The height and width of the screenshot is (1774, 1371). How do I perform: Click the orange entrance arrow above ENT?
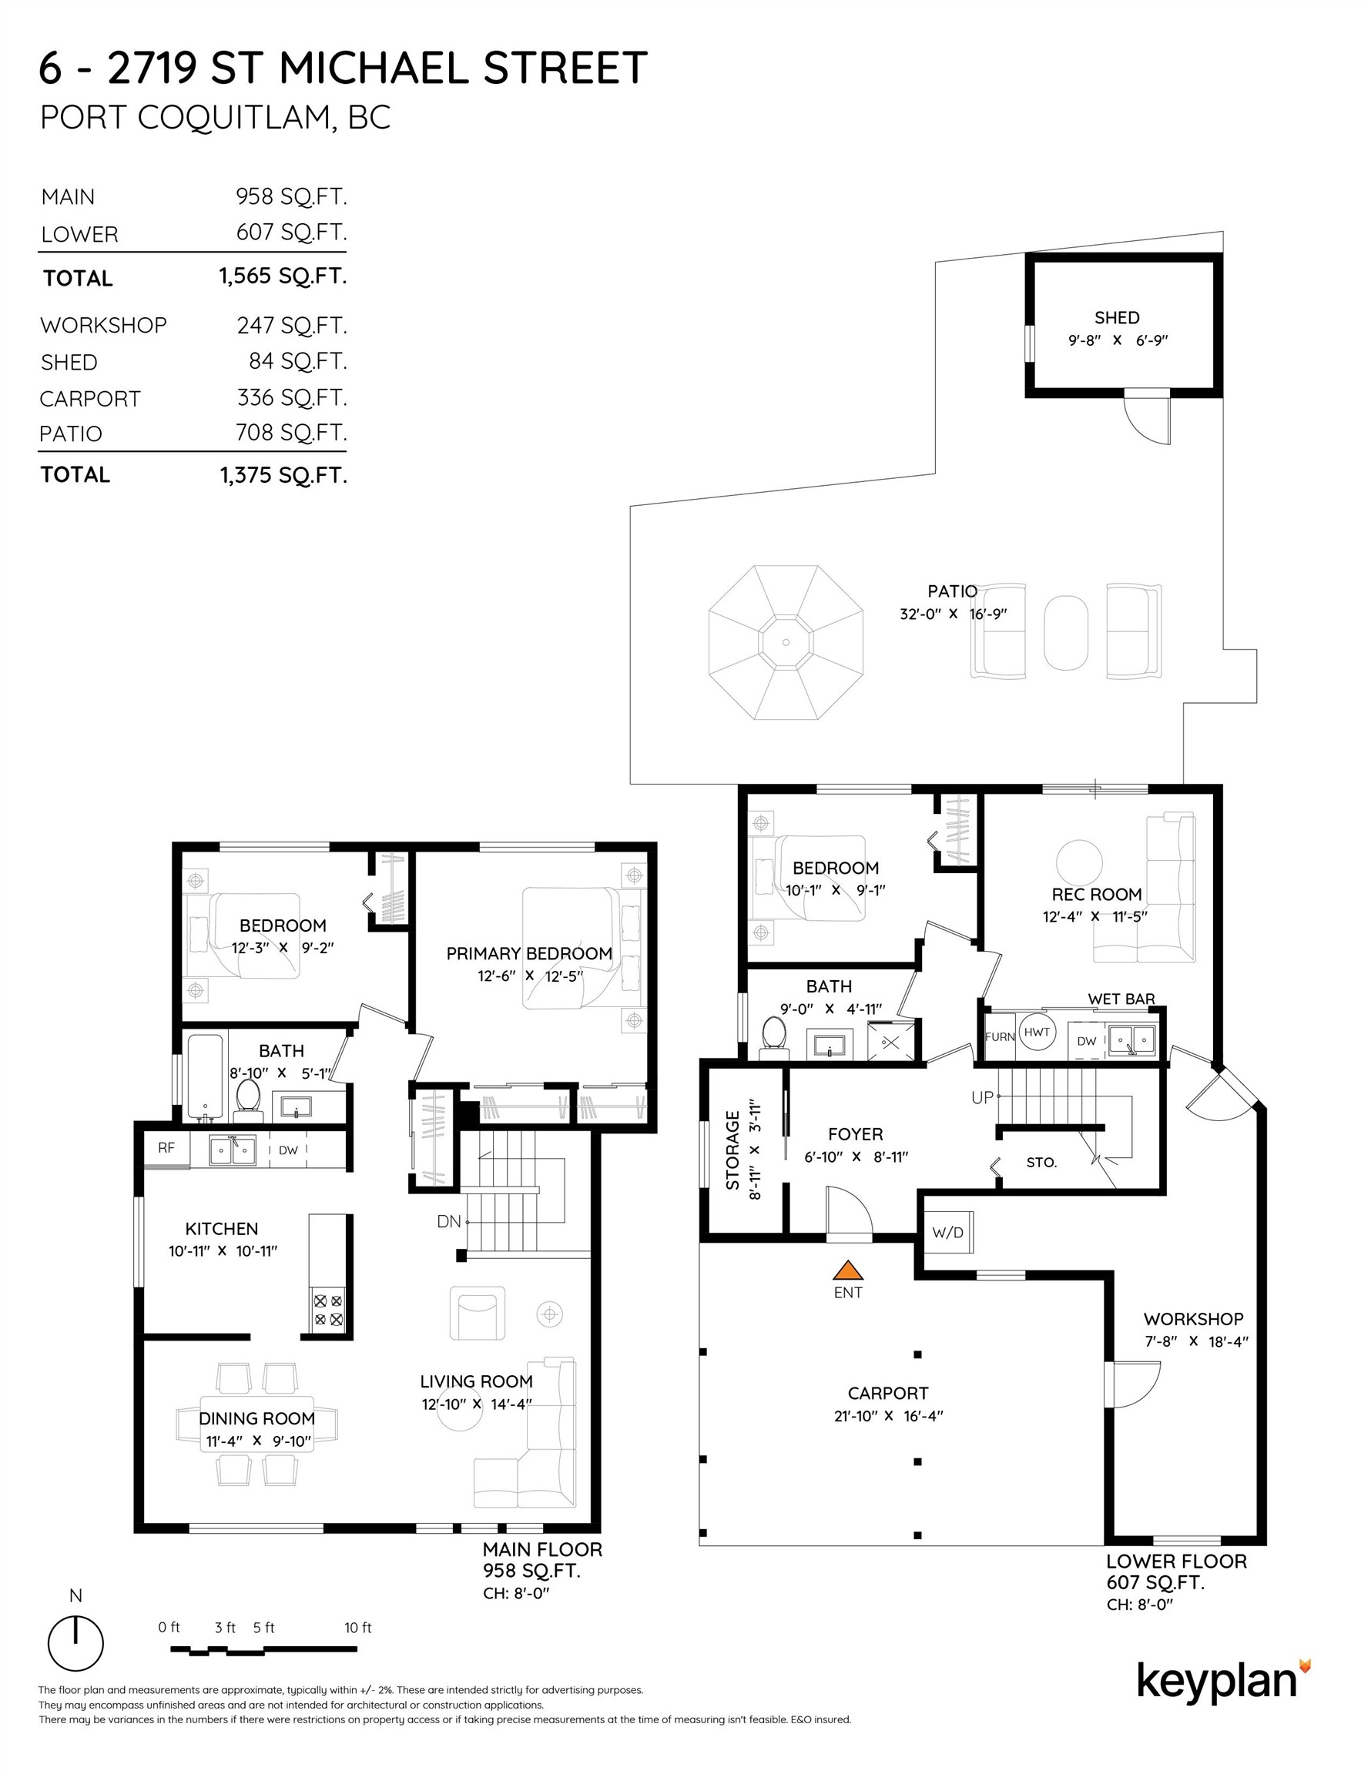(x=847, y=1270)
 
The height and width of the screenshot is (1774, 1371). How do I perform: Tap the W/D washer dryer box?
(x=947, y=1232)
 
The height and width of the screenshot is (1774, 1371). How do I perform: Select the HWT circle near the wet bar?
(x=1037, y=1033)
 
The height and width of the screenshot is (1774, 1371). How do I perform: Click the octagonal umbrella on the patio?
(x=786, y=642)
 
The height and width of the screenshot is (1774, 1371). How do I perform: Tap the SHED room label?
(x=1117, y=317)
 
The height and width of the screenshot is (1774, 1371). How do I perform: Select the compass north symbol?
(x=75, y=1642)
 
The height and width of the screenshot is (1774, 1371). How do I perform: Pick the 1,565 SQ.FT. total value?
(x=283, y=276)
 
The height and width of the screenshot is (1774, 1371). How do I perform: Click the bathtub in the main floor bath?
(x=205, y=1076)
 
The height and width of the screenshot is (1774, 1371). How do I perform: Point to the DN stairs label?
(x=448, y=1221)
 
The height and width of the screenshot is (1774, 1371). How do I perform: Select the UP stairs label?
(x=983, y=1097)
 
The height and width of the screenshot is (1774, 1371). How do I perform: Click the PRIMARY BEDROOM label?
(x=529, y=954)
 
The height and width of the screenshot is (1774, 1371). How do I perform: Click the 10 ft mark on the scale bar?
(x=357, y=1627)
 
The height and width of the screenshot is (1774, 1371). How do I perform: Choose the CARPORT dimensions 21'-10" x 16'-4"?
(x=888, y=1416)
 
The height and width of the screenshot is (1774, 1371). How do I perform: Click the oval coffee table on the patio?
(x=1065, y=634)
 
